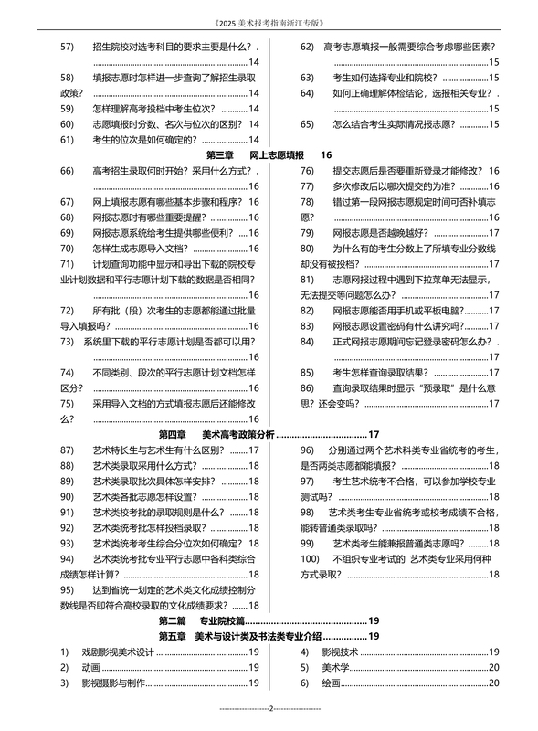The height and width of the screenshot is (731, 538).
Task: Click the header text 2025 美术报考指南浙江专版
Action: (x=269, y=21)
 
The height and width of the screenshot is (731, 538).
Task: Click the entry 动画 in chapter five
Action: (x=91, y=667)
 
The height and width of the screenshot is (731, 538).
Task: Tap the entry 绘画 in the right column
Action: (x=332, y=683)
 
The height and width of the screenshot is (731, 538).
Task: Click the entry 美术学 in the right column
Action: (x=336, y=667)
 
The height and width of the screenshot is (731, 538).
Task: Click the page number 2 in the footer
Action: (x=271, y=708)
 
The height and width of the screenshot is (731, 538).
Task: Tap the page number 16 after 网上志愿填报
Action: (x=326, y=155)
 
